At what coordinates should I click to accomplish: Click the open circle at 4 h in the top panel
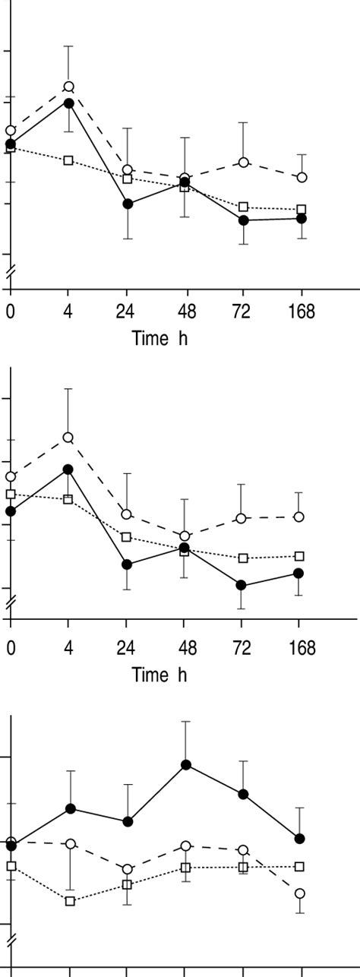click(x=68, y=87)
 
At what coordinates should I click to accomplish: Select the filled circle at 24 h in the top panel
click(x=128, y=204)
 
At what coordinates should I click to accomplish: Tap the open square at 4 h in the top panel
click(x=68, y=160)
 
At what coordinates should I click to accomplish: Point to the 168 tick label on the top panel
click(x=302, y=311)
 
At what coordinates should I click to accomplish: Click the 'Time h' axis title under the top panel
click(x=159, y=338)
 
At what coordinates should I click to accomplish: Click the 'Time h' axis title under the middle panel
click(x=159, y=674)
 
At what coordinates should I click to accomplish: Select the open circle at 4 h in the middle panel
click(x=68, y=437)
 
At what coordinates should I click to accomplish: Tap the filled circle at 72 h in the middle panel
click(x=242, y=585)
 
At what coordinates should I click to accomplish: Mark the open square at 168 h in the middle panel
click(x=300, y=556)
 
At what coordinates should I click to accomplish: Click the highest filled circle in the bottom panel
click(x=185, y=764)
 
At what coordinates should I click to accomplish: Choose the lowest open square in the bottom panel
click(x=70, y=901)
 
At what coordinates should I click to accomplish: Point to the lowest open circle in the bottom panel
click(x=300, y=893)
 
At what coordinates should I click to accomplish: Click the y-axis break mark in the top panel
click(x=10, y=271)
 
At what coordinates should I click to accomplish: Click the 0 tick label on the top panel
click(x=11, y=311)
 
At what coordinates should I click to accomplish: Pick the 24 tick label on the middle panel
click(x=127, y=647)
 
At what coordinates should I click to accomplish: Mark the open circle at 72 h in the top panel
click(x=243, y=163)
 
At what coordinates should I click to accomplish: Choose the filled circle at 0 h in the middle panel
click(x=11, y=511)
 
